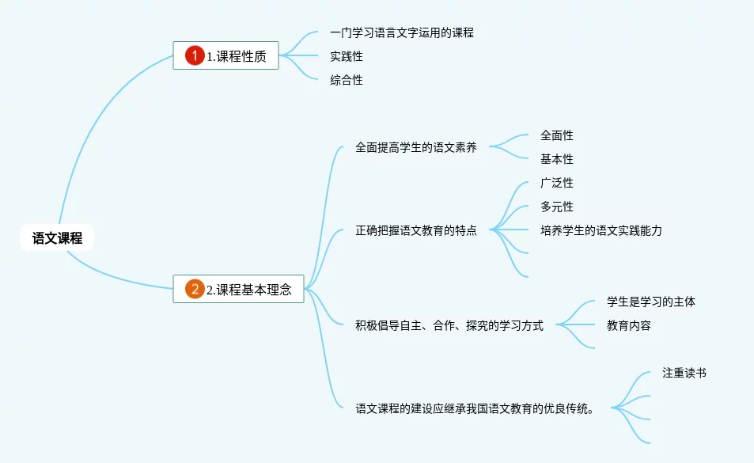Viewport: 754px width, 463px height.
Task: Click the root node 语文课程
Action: point(57,237)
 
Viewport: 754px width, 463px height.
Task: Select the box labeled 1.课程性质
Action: point(226,55)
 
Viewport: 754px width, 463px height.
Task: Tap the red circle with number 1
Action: point(195,55)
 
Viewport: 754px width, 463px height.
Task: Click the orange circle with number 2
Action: point(195,289)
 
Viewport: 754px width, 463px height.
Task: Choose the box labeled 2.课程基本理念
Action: point(239,289)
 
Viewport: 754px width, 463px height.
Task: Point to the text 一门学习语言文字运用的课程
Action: point(402,32)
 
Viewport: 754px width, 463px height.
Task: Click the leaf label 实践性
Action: point(347,56)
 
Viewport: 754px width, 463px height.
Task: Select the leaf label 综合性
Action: point(347,80)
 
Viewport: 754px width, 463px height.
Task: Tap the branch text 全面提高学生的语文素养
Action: point(416,147)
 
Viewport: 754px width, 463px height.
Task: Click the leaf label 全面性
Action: point(557,135)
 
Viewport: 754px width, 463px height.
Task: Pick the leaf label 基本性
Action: point(557,159)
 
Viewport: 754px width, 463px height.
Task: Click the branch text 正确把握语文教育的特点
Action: point(416,231)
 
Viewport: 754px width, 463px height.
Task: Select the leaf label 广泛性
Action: point(557,183)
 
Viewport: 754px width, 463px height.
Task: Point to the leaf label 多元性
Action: point(557,207)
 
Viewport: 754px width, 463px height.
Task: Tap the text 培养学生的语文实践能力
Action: point(601,230)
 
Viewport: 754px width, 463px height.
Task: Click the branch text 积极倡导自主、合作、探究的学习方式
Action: point(449,325)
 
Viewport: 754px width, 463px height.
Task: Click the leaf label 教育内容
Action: point(629,325)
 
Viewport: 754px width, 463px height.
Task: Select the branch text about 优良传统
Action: point(475,409)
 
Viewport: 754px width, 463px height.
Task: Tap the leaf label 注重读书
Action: point(684,373)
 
